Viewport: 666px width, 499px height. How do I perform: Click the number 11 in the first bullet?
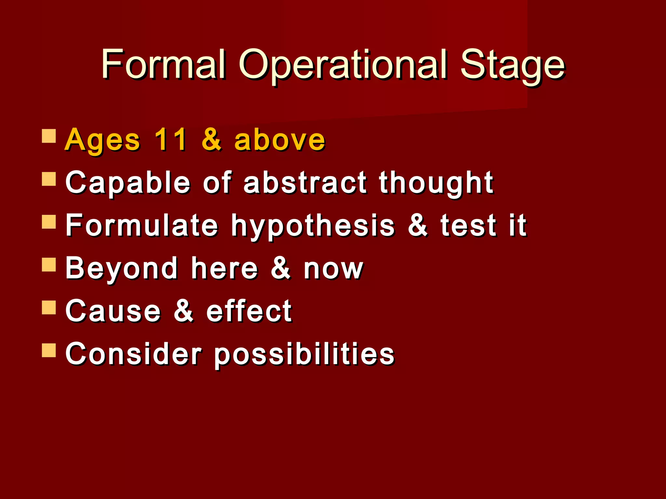[171, 140]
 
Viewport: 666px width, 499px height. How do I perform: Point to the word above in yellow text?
[280, 140]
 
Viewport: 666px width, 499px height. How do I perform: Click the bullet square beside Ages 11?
[49, 136]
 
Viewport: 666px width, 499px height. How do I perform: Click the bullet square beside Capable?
[49, 179]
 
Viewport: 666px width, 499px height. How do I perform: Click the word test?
[468, 225]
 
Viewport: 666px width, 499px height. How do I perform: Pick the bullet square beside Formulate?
[49, 222]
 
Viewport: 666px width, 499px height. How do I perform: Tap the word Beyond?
[122, 269]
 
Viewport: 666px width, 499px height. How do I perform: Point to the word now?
[333, 269]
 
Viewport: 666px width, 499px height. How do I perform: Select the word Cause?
[113, 311]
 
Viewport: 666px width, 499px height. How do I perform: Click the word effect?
[249, 311]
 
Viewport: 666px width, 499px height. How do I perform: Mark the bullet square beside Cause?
[49, 307]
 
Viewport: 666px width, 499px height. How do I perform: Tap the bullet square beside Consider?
[49, 350]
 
